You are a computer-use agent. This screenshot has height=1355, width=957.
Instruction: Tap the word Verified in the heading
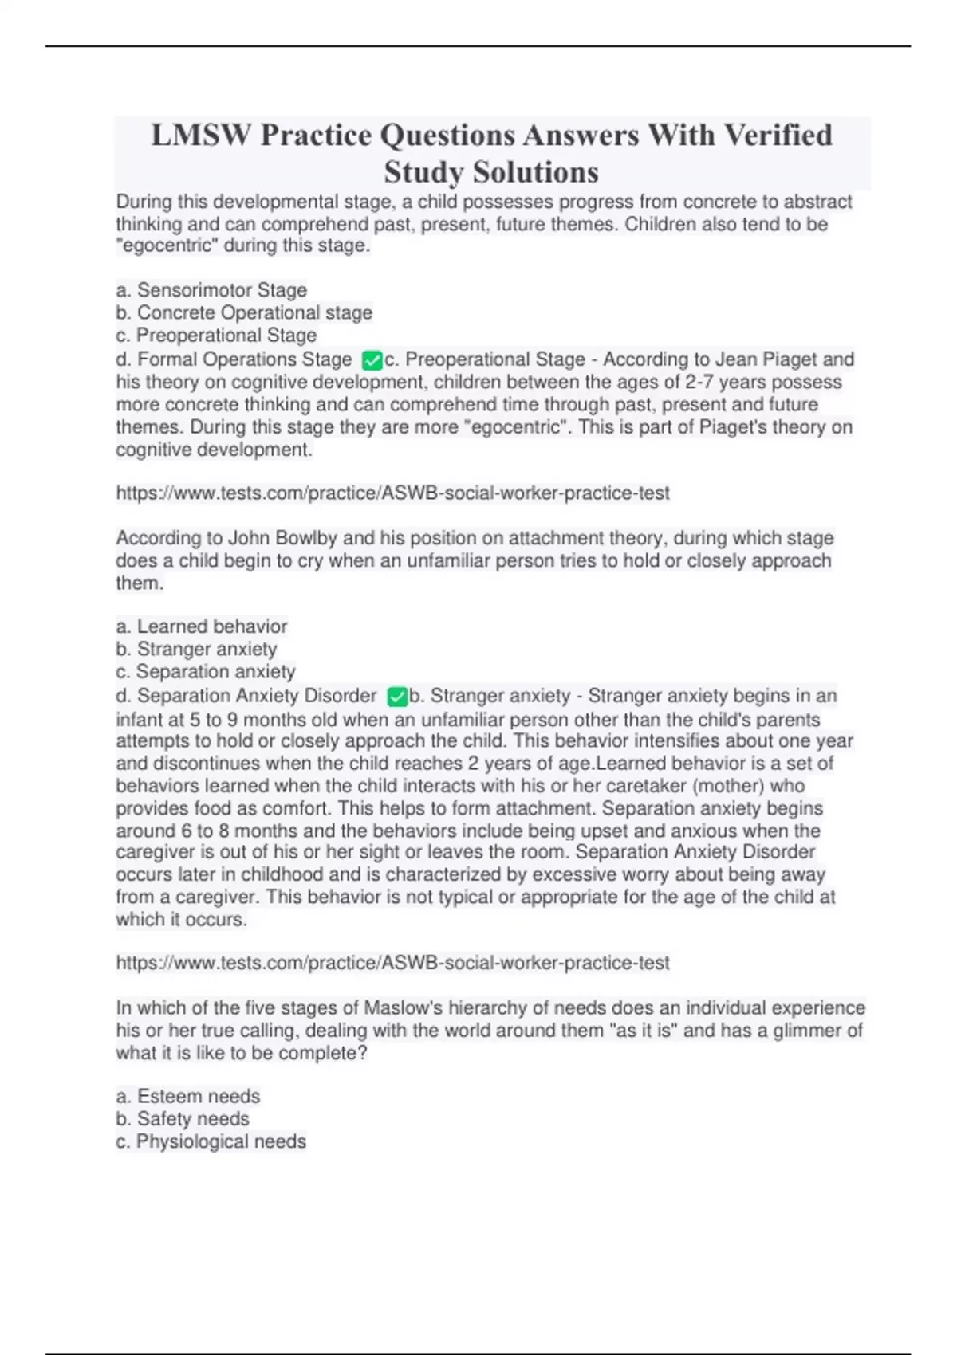pos(778,135)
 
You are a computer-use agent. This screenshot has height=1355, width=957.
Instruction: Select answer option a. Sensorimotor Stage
pos(211,290)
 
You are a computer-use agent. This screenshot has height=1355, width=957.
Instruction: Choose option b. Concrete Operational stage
pos(244,312)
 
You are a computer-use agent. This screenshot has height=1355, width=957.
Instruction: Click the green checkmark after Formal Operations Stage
pos(372,360)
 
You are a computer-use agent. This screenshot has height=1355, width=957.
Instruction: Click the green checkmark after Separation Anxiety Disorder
pos(396,697)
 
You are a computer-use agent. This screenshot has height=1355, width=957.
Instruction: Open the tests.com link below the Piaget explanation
pos(392,493)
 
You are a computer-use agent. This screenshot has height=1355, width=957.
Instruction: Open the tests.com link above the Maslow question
pos(392,963)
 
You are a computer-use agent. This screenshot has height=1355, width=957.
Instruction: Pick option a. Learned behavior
pos(201,626)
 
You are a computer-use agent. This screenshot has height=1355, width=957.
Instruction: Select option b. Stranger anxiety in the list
pos(196,649)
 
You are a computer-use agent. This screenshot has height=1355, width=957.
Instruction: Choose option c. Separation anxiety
pos(206,672)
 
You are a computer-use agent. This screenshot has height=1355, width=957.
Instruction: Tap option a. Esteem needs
pos(187,1097)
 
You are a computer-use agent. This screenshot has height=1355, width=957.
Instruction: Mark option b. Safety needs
pos(183,1119)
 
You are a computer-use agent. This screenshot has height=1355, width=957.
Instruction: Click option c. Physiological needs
pos(211,1141)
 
